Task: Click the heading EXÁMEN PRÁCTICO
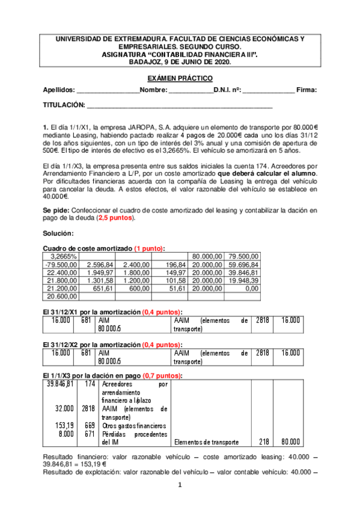(x=180, y=79)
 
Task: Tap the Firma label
(x=307, y=90)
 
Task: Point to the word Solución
(x=58, y=233)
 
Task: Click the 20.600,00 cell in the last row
(x=61, y=296)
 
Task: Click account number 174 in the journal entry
(x=90, y=384)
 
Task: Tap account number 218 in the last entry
(x=262, y=441)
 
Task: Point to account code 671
(x=90, y=433)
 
